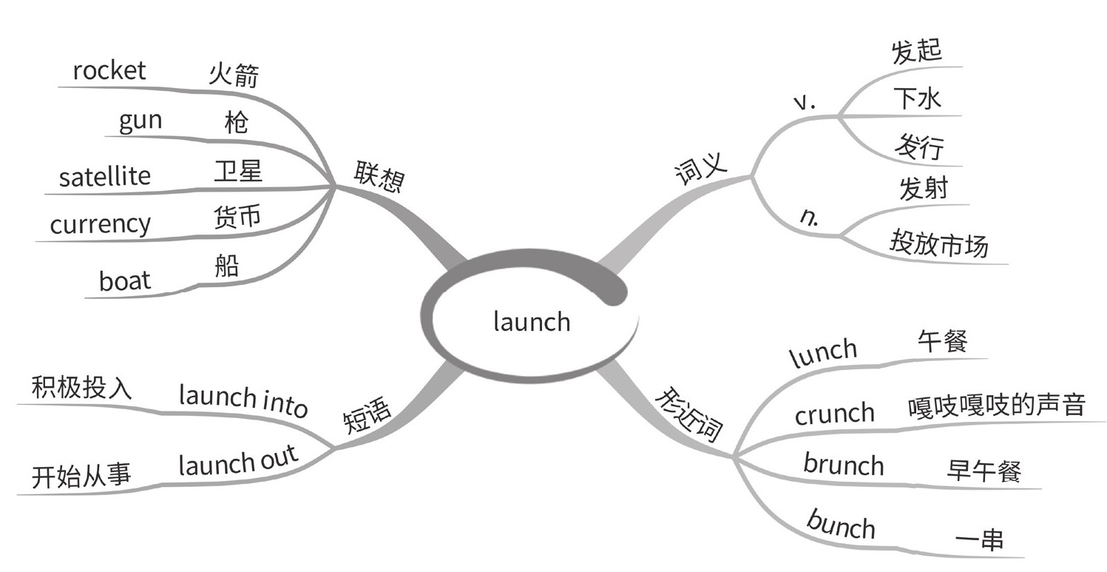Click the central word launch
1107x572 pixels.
(531, 322)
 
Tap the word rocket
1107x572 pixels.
(109, 71)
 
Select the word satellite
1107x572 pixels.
(104, 177)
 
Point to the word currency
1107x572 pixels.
(100, 223)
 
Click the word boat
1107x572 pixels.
(124, 280)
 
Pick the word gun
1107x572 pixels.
(140, 121)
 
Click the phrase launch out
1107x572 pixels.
(238, 462)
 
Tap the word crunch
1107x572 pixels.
(834, 414)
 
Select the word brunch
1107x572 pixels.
(843, 465)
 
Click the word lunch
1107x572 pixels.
(823, 354)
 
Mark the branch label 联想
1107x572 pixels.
(378, 178)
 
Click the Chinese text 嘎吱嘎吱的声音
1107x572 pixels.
(996, 406)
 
